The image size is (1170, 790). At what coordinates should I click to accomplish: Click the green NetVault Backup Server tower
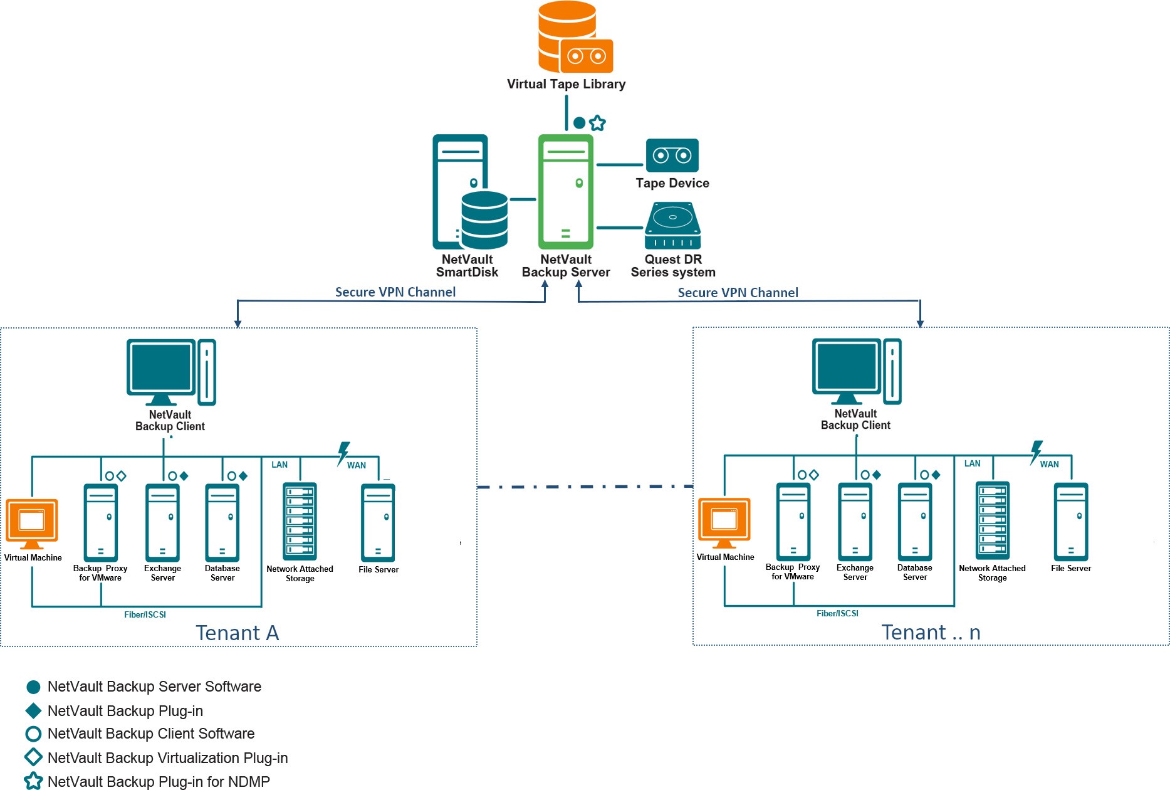(x=565, y=191)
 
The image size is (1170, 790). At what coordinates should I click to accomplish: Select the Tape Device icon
(x=672, y=155)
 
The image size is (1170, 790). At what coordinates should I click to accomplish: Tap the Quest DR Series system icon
(x=672, y=226)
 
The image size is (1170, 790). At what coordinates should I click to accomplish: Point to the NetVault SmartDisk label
(x=467, y=266)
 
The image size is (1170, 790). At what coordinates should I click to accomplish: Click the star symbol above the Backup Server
(x=598, y=123)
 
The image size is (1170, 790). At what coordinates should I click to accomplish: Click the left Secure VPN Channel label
(x=395, y=292)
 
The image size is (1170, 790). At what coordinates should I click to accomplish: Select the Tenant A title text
(x=237, y=633)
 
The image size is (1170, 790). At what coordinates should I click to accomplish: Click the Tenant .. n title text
(x=931, y=633)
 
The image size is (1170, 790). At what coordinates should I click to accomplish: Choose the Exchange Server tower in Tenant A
(x=162, y=522)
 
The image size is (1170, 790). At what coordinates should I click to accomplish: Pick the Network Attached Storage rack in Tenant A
(x=300, y=521)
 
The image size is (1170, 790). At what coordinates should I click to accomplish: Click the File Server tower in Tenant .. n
(x=1070, y=521)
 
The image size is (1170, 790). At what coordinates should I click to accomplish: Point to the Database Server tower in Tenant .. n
(x=914, y=521)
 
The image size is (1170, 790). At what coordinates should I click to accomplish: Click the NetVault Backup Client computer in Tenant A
(x=170, y=373)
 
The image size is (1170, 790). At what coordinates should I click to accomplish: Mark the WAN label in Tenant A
(x=357, y=465)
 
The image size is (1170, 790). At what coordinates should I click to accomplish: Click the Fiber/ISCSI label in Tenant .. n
(x=837, y=613)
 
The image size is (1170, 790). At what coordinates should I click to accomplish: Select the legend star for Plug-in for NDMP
(x=33, y=781)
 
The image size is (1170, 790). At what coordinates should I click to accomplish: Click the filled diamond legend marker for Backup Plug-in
(x=33, y=710)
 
